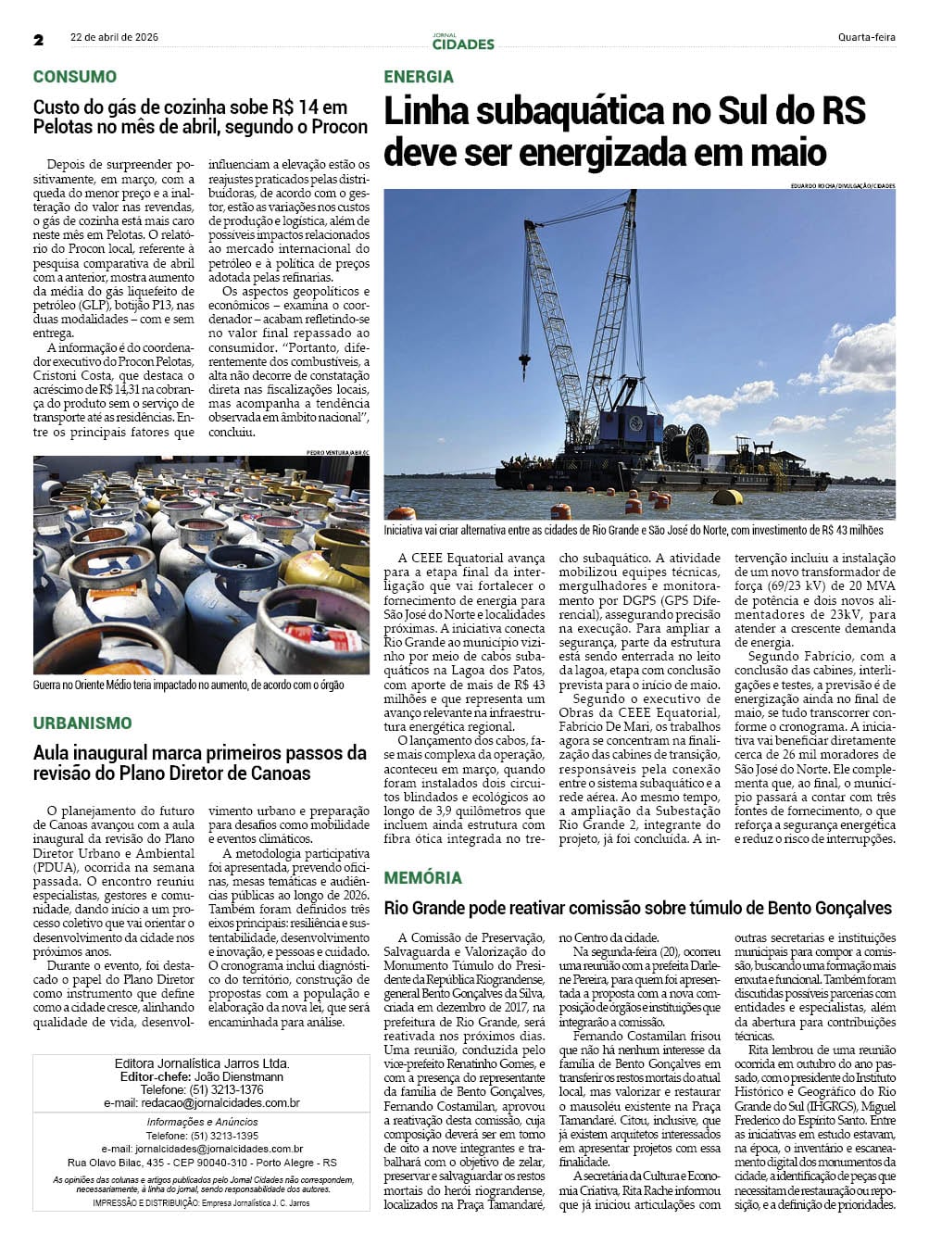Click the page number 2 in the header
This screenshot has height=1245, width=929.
click(39, 40)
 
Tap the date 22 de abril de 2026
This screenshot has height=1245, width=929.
click(114, 38)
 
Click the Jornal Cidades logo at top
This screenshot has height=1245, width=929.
click(463, 42)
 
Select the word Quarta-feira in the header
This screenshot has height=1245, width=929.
click(866, 38)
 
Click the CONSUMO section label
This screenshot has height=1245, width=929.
click(75, 77)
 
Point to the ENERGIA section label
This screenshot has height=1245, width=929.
click(419, 77)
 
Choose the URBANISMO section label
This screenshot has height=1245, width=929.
click(82, 723)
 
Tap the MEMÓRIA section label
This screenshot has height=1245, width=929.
click(422, 877)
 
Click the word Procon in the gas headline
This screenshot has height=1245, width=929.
click(339, 127)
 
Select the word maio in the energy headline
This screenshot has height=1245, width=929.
click(781, 152)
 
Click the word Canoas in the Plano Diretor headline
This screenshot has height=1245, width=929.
click(281, 773)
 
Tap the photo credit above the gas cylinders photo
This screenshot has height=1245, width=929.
click(337, 452)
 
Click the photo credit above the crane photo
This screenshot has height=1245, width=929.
click(843, 186)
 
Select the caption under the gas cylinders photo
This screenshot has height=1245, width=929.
click(188, 685)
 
